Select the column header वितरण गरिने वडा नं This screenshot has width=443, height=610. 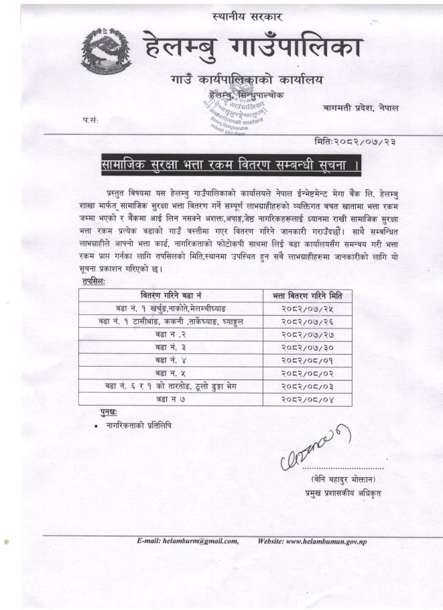pos(170,296)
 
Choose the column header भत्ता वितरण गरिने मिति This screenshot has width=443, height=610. pos(308,296)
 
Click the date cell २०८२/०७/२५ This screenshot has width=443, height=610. pos(308,308)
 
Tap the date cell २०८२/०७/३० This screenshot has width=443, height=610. pos(308,347)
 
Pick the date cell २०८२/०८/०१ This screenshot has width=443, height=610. pos(308,360)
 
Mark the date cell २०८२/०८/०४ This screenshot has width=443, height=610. pos(308,399)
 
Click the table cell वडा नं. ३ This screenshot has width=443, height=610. pos(170,347)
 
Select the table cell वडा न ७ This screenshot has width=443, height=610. pos(170,399)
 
